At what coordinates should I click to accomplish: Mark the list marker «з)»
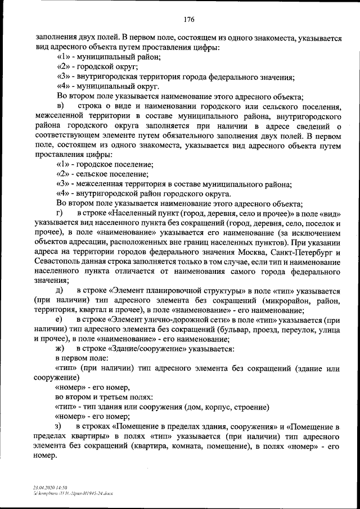click(x=60, y=426)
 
